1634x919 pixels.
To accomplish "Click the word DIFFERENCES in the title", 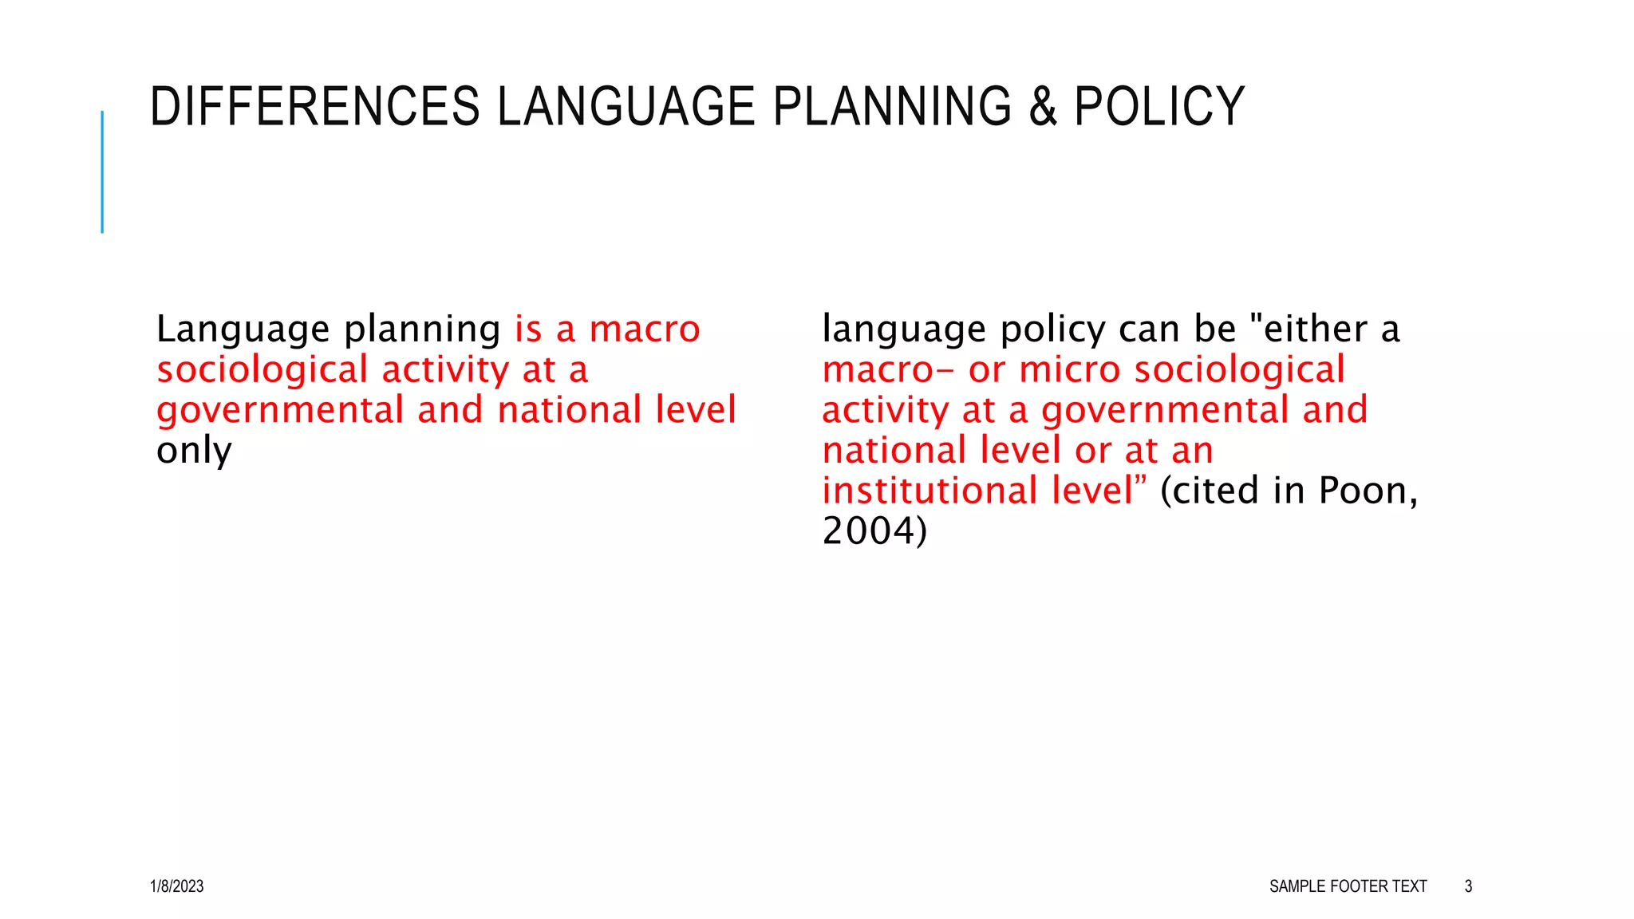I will tap(314, 107).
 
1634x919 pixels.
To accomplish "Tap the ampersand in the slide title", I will tap(1043, 107).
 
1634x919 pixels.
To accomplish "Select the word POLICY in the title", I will tap(1159, 107).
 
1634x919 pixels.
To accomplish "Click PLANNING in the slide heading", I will tap(892, 107).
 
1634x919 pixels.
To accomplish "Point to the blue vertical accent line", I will tap(102, 172).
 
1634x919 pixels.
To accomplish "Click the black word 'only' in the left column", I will tap(194, 451).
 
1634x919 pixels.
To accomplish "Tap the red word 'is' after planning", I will tap(528, 329).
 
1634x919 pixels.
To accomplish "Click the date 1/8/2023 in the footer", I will tap(176, 886).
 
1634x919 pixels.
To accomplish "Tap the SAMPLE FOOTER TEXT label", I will tap(1348, 886).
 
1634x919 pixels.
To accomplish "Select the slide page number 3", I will tap(1468, 886).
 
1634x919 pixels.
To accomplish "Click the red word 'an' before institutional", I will tap(1193, 452).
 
